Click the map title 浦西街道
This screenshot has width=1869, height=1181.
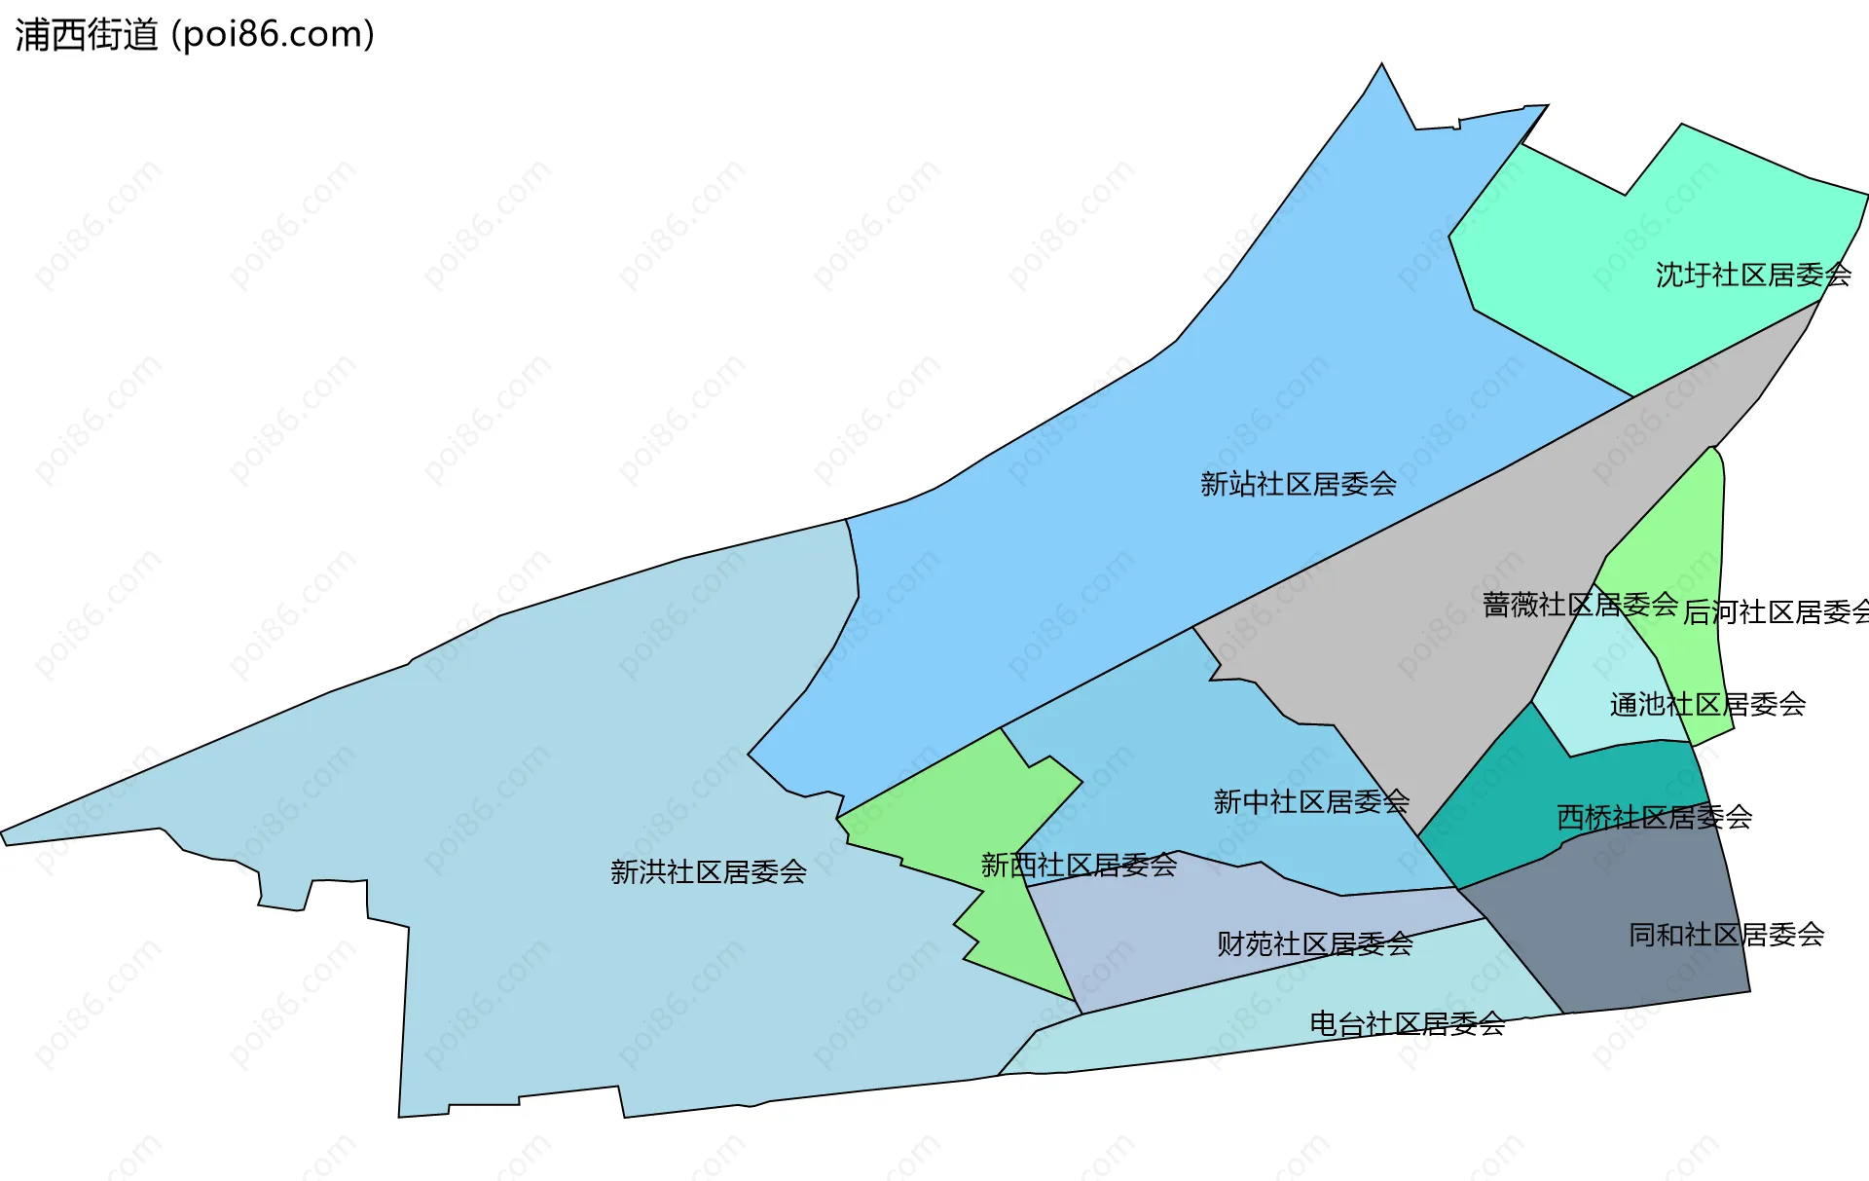point(86,35)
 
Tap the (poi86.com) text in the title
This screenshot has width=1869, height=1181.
point(273,35)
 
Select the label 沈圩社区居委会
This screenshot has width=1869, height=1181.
point(1753,276)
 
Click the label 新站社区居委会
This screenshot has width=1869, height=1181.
point(1298,484)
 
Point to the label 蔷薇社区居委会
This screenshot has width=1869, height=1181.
point(1579,606)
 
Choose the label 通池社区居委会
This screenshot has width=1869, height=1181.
point(1707,705)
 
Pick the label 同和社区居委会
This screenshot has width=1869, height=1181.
point(1726,936)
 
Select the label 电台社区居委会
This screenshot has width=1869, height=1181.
point(1407,1024)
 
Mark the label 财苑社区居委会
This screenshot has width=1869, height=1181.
point(1314,944)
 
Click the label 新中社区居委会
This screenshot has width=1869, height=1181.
point(1310,802)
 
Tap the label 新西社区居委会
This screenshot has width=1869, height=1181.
point(1079,866)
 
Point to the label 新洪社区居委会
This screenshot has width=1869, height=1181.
point(708,872)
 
